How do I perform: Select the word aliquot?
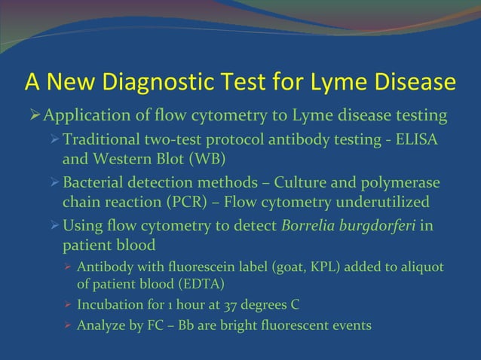click(x=422, y=268)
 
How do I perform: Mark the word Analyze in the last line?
click(x=100, y=326)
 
